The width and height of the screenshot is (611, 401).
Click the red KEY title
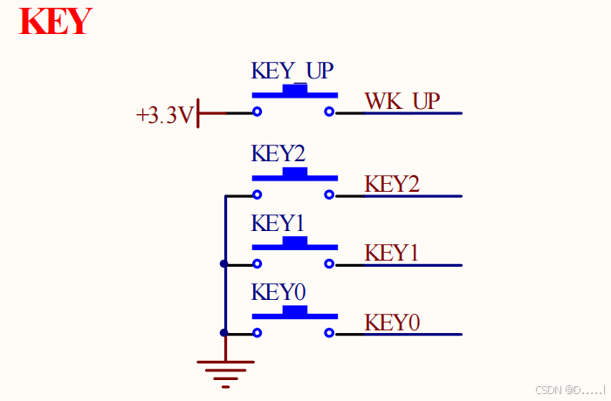click(56, 21)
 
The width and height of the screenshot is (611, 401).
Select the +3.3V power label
click(164, 115)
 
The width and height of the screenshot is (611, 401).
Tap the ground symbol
click(225, 370)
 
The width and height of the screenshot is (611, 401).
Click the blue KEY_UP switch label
click(292, 71)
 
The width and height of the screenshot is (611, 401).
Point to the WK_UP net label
click(402, 101)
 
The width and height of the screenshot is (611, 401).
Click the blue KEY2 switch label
click(278, 153)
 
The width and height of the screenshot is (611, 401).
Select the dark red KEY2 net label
click(392, 184)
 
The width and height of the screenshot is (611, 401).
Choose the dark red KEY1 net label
click(392, 253)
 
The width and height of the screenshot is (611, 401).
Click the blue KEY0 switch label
click(278, 291)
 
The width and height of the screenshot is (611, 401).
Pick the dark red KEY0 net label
click(392, 322)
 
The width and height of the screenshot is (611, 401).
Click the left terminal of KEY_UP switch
click(257, 112)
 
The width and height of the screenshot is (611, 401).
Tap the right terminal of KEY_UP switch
click(329, 112)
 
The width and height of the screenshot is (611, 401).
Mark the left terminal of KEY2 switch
click(257, 194)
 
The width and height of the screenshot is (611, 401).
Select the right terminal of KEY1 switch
click(329, 263)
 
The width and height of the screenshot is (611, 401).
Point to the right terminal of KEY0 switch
click(329, 332)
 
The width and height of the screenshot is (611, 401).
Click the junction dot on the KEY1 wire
click(224, 263)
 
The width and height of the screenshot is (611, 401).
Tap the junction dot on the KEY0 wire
click(224, 332)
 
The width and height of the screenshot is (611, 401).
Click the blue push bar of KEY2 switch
click(294, 174)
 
